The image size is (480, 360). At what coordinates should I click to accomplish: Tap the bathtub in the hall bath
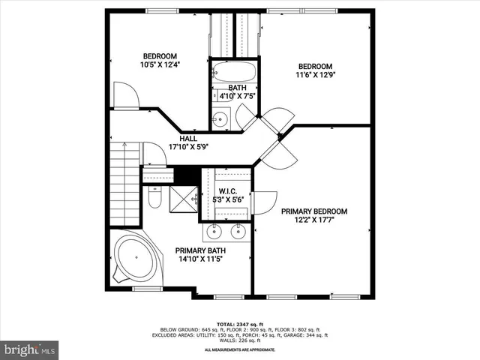pos(234,73)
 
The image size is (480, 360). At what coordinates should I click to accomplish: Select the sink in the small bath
pos(220,118)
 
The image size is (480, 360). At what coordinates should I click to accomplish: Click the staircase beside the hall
pos(124,184)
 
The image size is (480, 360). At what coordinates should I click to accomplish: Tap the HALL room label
pos(188,139)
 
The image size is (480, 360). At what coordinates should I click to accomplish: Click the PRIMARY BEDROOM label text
pos(313,211)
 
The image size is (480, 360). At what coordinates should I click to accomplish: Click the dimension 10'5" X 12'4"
pos(160,65)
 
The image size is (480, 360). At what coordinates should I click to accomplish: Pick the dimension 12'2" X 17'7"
pos(313,221)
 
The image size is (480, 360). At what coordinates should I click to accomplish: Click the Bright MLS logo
pos(30,349)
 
